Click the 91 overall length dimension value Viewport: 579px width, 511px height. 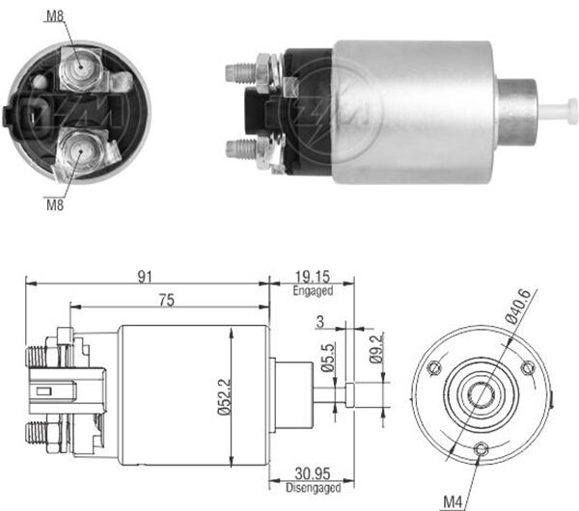point(147,277)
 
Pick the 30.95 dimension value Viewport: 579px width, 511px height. point(311,473)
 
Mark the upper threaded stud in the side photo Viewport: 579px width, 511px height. point(238,70)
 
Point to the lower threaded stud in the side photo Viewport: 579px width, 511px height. point(238,149)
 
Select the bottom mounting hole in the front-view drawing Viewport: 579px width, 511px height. point(481,446)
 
